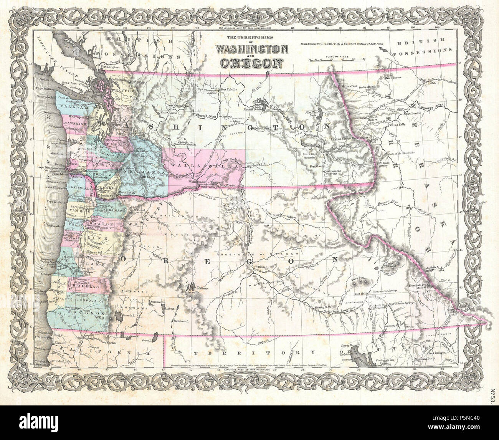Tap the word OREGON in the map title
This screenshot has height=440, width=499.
tap(251, 62)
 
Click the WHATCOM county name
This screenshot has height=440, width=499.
tap(124, 91)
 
